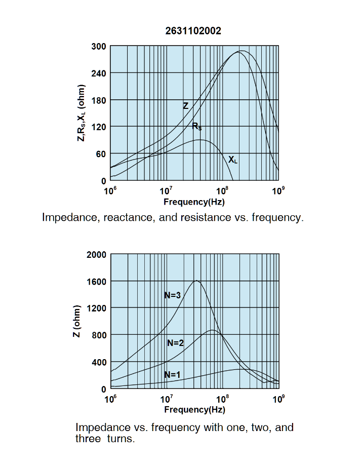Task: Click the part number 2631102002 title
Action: (x=193, y=31)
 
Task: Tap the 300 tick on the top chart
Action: (x=98, y=47)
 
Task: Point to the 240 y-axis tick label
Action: (x=98, y=73)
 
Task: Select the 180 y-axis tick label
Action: (x=98, y=100)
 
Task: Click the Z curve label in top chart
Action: (x=185, y=106)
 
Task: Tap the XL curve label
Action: (x=232, y=160)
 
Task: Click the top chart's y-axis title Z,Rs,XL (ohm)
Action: (x=81, y=113)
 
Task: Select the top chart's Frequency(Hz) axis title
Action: (x=194, y=202)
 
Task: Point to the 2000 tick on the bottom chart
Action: (x=96, y=255)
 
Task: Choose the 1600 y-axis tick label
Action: (x=96, y=282)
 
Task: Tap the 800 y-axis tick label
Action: (x=98, y=335)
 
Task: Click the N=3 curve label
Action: (x=172, y=295)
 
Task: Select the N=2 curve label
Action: (x=175, y=343)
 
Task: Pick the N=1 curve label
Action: (x=172, y=374)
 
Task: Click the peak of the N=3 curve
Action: (x=196, y=281)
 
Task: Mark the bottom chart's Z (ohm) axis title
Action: (x=77, y=321)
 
